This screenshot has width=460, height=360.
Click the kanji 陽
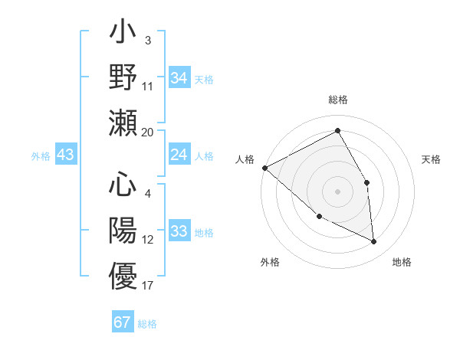pos(123,230)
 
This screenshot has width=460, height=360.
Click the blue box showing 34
pos(179,78)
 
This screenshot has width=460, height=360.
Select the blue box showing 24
pos(179,155)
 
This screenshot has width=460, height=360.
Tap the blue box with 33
pos(179,232)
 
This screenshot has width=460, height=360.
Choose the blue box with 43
pos(66,155)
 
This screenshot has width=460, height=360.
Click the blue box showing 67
pos(123,322)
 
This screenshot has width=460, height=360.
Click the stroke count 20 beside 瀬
pos(148,132)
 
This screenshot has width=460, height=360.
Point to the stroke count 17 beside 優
pos(148,286)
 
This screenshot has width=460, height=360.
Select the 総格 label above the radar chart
pos(338,100)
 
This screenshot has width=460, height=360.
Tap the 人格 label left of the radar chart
pos(245,159)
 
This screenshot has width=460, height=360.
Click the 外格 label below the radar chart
pos(270,263)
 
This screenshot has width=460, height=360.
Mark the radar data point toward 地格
pos(373,242)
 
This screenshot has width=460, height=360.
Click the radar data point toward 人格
pos(264,168)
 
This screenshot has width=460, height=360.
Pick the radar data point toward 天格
pos(366,182)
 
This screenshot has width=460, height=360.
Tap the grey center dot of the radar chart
pos(337,191)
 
